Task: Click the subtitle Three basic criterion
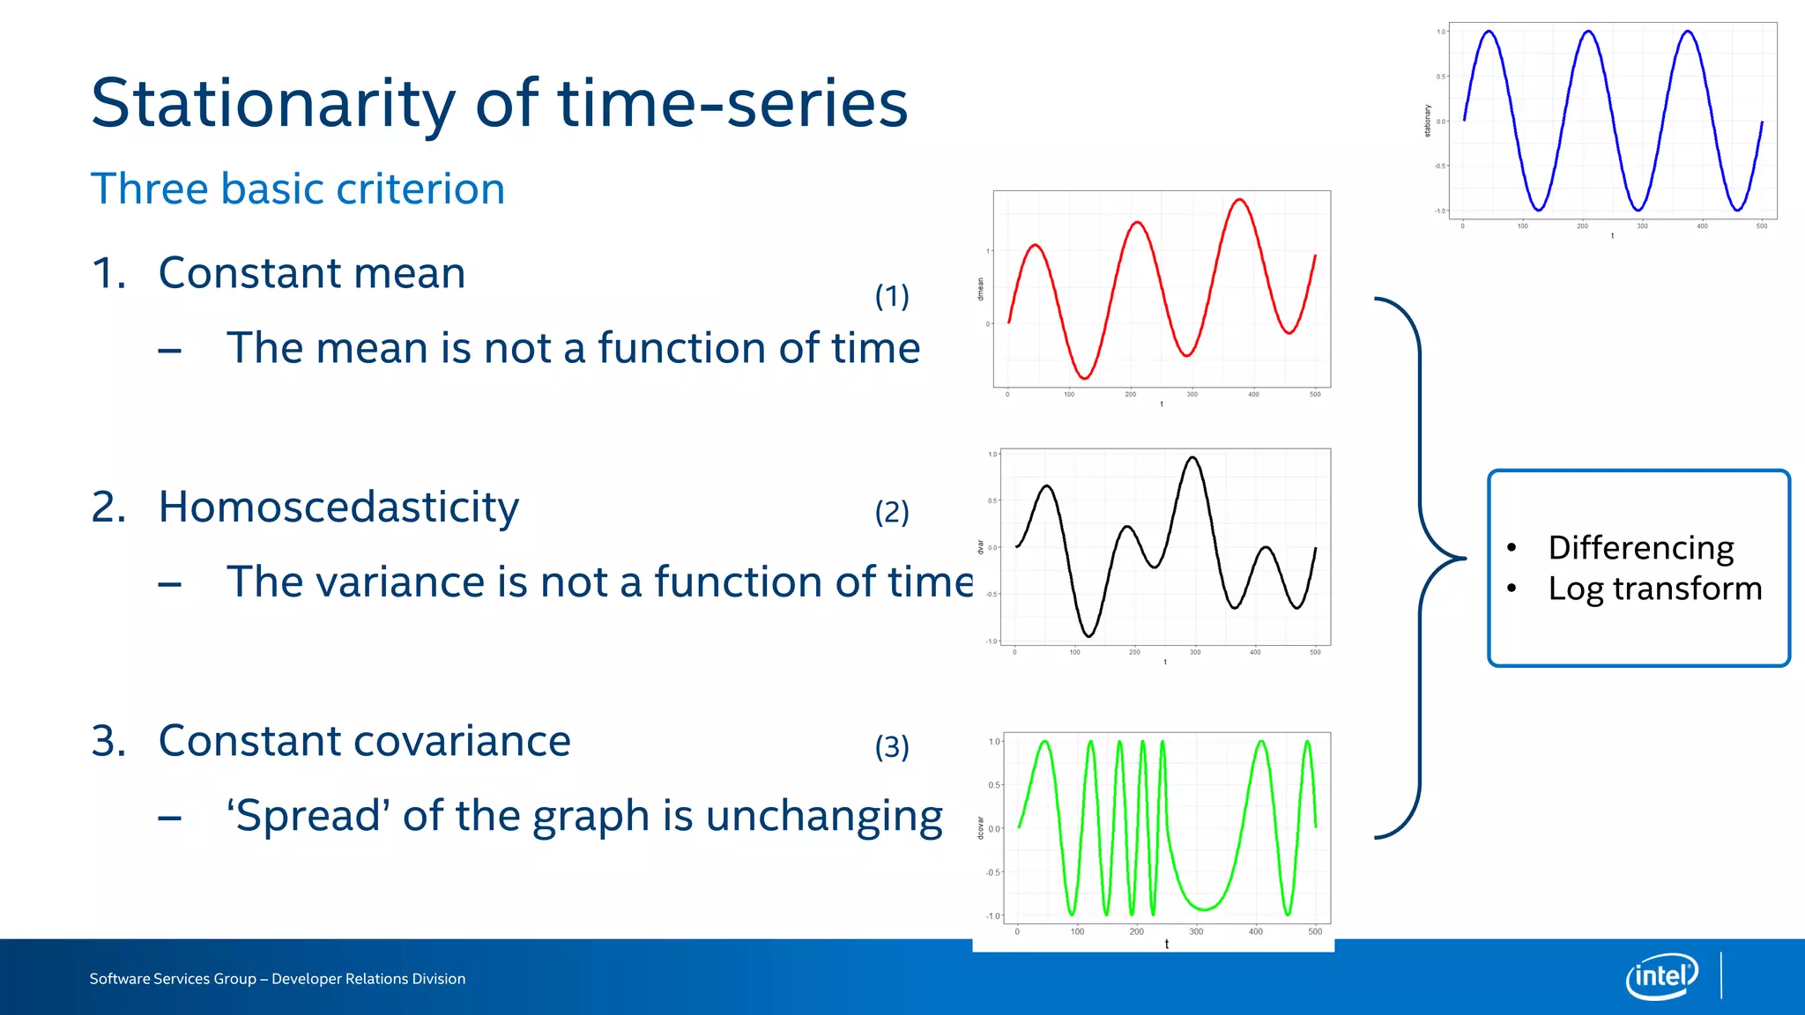(x=298, y=189)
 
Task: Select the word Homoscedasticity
(x=338, y=507)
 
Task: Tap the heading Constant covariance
(x=364, y=740)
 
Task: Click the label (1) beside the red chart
(x=891, y=296)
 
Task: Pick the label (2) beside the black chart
(x=891, y=512)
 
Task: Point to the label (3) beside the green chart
(x=891, y=747)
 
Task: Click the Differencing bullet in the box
(x=1640, y=547)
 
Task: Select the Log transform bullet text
(x=1654, y=589)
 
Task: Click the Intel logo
(x=1661, y=976)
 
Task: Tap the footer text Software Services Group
(x=172, y=979)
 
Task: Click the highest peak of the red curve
(x=1240, y=200)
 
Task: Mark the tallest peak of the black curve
(x=1192, y=457)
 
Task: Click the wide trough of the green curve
(x=1204, y=908)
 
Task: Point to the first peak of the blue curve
(x=1489, y=32)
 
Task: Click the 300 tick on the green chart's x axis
(x=1196, y=931)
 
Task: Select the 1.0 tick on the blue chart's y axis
(x=1441, y=32)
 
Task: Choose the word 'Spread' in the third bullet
(x=308, y=816)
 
